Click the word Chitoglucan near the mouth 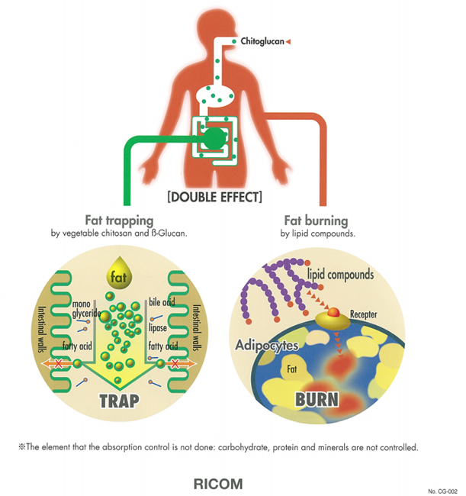262,41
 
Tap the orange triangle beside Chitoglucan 288,41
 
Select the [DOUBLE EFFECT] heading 214,197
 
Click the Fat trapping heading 119,221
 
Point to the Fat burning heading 317,221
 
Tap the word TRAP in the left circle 119,401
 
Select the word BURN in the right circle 317,399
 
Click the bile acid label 162,302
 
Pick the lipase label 157,327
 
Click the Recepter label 364,314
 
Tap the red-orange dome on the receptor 333,313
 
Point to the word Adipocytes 267,346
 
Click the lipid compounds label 340,274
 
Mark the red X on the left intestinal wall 58,364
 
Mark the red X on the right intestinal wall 175,364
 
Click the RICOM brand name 218,484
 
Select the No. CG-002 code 442,491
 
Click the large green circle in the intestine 214,138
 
